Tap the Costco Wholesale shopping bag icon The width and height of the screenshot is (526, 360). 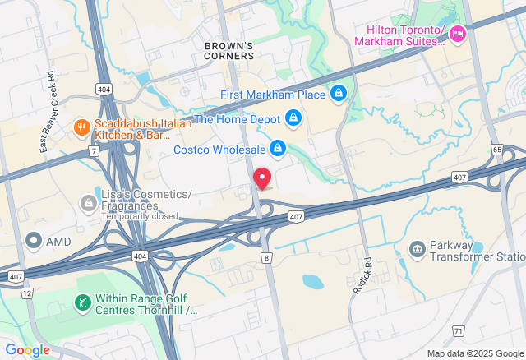[278, 149]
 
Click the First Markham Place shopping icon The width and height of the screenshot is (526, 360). [337, 95]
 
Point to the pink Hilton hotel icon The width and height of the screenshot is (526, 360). [458, 33]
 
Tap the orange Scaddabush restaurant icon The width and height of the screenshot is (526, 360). [81, 127]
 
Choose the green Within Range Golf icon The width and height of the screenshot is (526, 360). [82, 303]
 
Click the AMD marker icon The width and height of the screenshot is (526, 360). [34, 241]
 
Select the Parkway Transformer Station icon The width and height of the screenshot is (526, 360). [418, 248]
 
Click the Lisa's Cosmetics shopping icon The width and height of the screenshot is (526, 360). [88, 202]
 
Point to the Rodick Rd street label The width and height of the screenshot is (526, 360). [362, 279]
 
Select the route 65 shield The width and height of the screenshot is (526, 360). [497, 150]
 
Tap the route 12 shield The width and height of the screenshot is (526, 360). [27, 293]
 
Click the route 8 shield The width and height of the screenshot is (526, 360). [266, 258]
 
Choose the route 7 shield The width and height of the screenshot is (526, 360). [95, 151]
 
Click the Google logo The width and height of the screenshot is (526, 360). [27, 349]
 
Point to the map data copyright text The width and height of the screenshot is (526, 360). [474, 353]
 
